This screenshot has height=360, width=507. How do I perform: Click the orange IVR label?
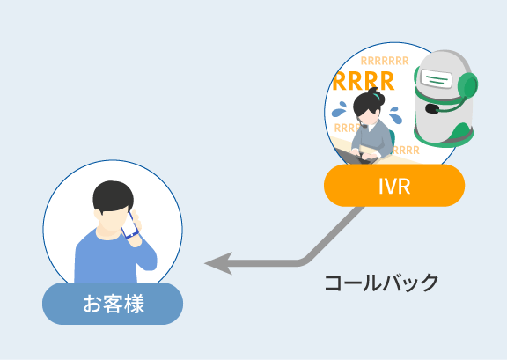point(394,186)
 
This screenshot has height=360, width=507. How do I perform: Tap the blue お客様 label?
point(113,304)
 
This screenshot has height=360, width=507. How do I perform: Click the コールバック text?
point(381,283)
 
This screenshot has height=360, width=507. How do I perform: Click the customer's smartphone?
point(129,225)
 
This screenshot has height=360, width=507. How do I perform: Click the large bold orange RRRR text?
point(364,82)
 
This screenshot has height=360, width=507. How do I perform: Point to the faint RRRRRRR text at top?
point(385,61)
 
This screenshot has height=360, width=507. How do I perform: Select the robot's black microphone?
point(432,108)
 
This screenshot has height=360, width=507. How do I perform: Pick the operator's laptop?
point(354,156)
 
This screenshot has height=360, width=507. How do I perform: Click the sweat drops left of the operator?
point(339,109)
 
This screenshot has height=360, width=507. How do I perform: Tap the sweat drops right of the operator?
point(395,114)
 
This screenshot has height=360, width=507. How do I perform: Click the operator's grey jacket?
point(371,139)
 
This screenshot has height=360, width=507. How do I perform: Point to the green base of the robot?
point(445,136)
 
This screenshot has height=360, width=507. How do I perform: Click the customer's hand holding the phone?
point(136,230)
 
